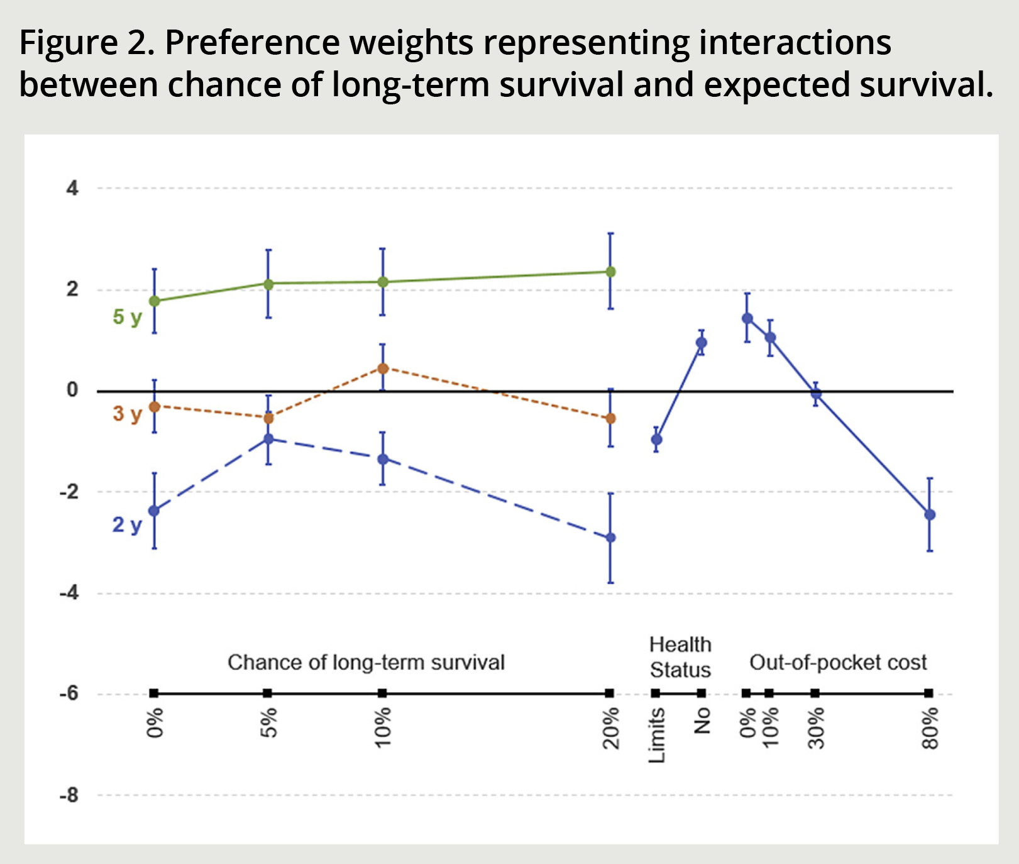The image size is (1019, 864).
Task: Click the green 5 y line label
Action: pos(128,317)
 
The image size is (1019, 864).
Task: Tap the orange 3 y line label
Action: pos(128,414)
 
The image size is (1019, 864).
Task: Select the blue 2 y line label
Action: pos(128,524)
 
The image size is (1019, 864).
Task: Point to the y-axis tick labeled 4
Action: pos(73,188)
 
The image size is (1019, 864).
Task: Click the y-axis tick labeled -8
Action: pos(70,795)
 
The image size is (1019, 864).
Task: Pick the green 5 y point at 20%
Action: pos(610,272)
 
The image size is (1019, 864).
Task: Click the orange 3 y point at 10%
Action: pos(382,368)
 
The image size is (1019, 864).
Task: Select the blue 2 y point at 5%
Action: pos(268,439)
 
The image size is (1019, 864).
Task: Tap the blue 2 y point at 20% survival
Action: pos(610,538)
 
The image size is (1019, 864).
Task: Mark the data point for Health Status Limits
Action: pos(656,440)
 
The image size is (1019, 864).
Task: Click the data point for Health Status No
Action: pos(701,343)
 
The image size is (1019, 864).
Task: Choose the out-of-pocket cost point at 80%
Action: pos(930,515)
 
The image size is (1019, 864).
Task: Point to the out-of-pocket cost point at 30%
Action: pos(816,394)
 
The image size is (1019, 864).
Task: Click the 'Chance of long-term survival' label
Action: pos(366,663)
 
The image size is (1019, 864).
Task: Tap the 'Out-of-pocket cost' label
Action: pos(838,663)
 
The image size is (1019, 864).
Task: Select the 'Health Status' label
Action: pos(680,657)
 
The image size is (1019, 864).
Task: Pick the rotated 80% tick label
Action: pos(930,728)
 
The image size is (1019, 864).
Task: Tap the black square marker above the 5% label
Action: pos(268,694)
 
